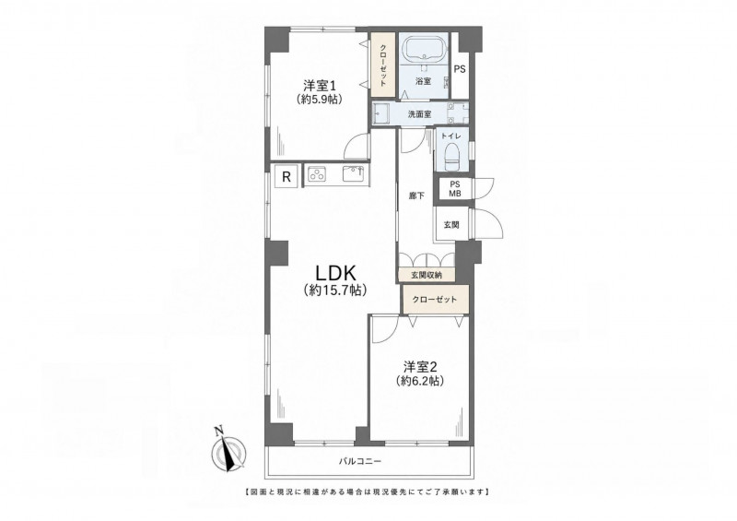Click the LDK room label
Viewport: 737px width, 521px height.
334,273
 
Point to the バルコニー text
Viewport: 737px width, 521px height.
360,461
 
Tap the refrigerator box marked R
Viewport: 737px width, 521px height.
287,177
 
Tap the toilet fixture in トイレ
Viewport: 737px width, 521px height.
451,156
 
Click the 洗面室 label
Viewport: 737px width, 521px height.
419,114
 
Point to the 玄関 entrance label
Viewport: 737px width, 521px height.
451,225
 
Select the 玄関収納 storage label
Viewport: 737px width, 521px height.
427,276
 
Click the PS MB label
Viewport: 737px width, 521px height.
454,189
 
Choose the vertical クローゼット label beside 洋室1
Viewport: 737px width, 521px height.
383,65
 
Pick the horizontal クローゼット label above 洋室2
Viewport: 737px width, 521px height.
435,300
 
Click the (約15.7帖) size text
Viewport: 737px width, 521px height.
334,290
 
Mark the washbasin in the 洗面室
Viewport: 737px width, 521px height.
381,113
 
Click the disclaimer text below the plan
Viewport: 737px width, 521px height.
368,492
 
